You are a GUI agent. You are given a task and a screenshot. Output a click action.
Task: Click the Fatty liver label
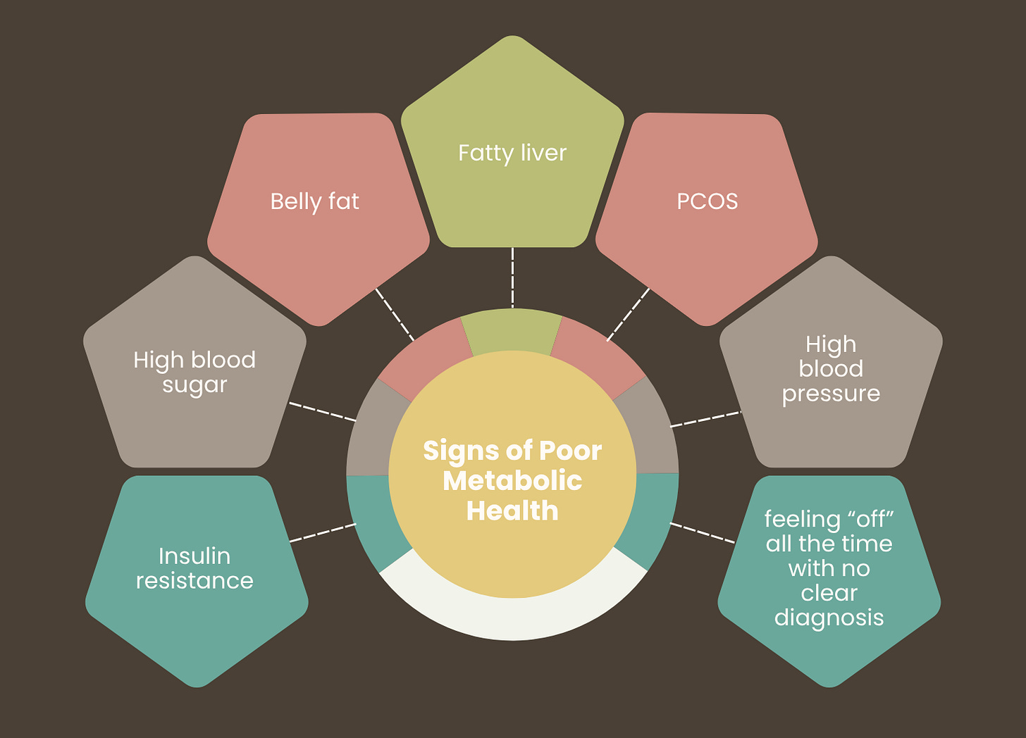click(x=512, y=153)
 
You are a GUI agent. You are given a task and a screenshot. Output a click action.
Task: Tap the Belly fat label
click(x=314, y=201)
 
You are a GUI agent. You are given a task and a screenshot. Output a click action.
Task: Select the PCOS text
click(x=707, y=201)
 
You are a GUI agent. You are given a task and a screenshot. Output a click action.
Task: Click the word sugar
click(x=194, y=386)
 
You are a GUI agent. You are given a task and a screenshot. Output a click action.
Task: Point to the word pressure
click(x=831, y=394)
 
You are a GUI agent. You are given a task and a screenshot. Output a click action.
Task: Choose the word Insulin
click(x=194, y=556)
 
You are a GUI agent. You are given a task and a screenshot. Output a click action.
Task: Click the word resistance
click(x=194, y=581)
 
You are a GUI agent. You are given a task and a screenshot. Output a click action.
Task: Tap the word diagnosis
click(x=829, y=618)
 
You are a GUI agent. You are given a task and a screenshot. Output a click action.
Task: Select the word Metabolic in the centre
click(x=512, y=481)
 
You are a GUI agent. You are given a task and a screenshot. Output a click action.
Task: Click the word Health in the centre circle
click(x=512, y=511)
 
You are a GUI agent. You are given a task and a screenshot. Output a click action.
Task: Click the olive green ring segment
click(x=512, y=331)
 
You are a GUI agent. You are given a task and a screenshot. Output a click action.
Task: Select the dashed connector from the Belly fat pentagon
click(x=395, y=314)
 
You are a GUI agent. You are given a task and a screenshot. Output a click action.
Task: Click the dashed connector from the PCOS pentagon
click(x=628, y=314)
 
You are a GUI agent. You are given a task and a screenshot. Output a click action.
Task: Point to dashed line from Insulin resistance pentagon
click(x=323, y=532)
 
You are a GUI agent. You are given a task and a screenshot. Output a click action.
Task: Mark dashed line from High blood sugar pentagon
click(x=323, y=412)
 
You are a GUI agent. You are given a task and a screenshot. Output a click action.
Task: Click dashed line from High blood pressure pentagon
click(x=705, y=419)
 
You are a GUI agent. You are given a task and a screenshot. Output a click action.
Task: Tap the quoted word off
click(x=871, y=520)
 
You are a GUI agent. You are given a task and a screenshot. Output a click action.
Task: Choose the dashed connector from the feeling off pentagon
click(x=703, y=533)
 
